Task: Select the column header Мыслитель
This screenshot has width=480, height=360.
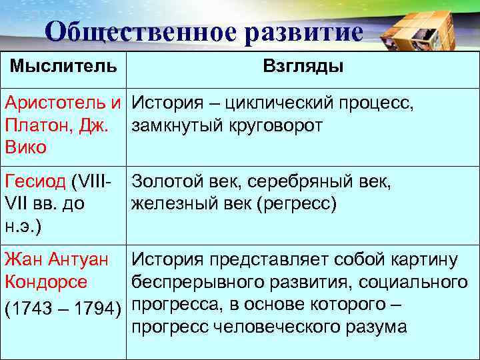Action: tap(63, 67)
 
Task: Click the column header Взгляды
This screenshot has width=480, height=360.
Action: tap(303, 67)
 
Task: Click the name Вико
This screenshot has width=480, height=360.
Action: tap(25, 147)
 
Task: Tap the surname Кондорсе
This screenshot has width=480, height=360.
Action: tap(45, 282)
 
